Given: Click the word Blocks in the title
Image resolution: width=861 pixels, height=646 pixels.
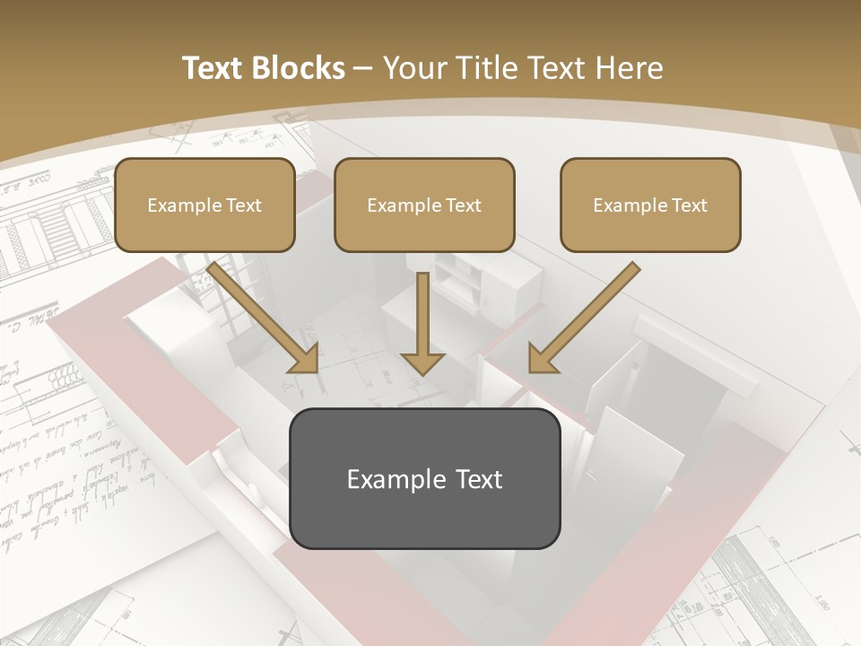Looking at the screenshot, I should click(298, 68).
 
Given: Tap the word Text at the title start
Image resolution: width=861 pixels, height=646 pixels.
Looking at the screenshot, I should click(213, 68).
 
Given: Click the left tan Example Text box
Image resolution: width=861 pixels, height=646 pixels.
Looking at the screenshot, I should click(204, 205).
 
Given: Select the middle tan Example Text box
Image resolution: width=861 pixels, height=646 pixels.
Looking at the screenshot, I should click(424, 205).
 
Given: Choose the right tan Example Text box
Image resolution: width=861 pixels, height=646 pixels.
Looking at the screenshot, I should click(650, 205).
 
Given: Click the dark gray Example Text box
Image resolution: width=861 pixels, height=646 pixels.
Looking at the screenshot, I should click(424, 478).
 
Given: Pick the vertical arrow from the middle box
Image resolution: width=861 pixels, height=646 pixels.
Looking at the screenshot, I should click(422, 319).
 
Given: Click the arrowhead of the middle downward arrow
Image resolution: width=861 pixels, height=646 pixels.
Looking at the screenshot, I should click(422, 362).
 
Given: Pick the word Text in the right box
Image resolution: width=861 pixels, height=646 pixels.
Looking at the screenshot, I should click(690, 205).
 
